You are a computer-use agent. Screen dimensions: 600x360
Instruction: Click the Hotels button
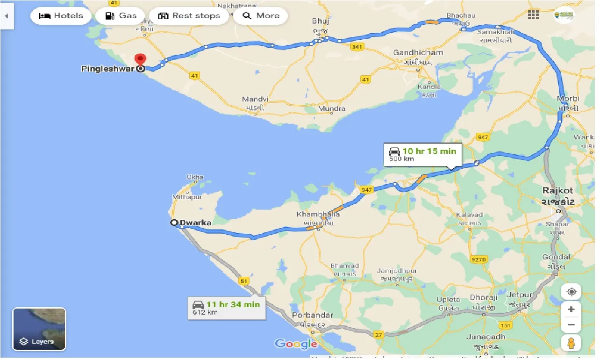click(x=60, y=16)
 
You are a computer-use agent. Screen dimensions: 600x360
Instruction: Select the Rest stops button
click(x=188, y=16)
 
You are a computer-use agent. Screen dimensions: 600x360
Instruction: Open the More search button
click(x=261, y=16)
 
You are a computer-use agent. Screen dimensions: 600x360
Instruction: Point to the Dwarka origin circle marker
click(x=174, y=223)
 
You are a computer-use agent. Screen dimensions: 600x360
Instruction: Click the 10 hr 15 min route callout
click(x=422, y=155)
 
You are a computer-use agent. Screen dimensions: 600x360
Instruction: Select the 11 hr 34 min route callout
click(x=226, y=308)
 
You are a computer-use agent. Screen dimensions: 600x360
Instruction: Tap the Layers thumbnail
click(x=39, y=329)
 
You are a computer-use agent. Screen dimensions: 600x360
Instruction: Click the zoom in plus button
click(x=571, y=310)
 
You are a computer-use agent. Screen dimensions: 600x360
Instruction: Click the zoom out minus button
click(x=571, y=325)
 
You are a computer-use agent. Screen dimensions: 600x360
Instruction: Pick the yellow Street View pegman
click(x=571, y=343)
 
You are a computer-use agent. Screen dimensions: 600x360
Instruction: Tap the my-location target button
click(x=571, y=292)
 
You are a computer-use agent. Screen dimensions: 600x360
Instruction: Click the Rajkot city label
click(x=558, y=191)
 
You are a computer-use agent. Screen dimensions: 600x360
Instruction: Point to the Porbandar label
click(x=313, y=315)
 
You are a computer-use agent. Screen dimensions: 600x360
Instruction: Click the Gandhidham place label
click(x=418, y=52)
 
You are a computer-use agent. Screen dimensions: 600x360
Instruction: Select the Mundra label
click(x=332, y=108)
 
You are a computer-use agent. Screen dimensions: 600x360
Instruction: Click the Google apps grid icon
click(x=533, y=15)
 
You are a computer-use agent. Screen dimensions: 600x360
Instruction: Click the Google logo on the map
click(x=296, y=344)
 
